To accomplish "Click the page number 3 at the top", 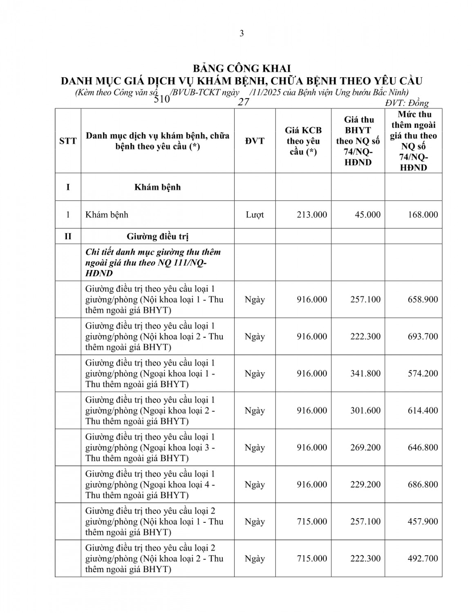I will pyautogui.click(x=241, y=34).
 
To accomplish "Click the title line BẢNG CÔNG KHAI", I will pyautogui.click(x=241, y=68).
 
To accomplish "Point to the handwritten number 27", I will pyautogui.click(x=244, y=102).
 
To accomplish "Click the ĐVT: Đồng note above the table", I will pyautogui.click(x=407, y=103).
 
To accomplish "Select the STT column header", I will pyautogui.click(x=68, y=141).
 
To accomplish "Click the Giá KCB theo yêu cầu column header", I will pyautogui.click(x=303, y=141).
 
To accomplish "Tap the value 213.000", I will pyautogui.click(x=312, y=215).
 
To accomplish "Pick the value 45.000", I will pyautogui.click(x=367, y=215).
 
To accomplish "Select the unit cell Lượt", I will pyautogui.click(x=255, y=215).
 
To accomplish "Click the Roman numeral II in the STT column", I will pyautogui.click(x=68, y=236).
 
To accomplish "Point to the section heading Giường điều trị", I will pyautogui.click(x=157, y=236).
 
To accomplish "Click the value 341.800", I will pyautogui.click(x=365, y=374).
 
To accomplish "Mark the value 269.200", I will pyautogui.click(x=365, y=447).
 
